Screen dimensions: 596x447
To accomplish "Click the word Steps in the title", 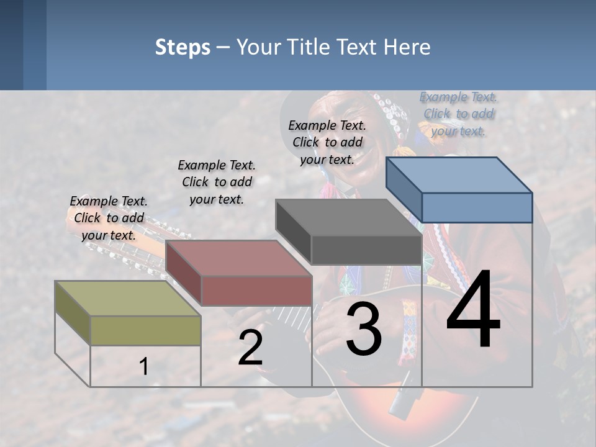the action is coord(183,47).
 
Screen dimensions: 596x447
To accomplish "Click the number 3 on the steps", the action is coord(363,328).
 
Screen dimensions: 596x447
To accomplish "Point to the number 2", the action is coord(250,348).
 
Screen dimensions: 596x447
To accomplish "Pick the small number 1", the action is coord(144,366).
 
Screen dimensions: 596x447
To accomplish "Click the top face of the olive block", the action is coord(127,299).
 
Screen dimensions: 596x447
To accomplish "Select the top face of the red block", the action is coord(238,258).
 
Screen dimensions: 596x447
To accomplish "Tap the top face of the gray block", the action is coord(348,218).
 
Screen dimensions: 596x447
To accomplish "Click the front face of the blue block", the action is coord(477,207).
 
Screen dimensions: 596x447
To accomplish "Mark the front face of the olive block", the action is coord(145,330).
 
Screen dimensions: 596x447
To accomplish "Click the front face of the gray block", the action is coord(366,250).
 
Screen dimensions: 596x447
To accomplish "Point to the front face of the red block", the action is coord(256,291).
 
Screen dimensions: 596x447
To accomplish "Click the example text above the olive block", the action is coord(109,218).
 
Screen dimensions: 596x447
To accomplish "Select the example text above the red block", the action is coord(217,182).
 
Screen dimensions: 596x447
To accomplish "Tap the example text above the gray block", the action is coord(327,142).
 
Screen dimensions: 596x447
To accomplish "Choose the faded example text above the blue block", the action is coord(458,114).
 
